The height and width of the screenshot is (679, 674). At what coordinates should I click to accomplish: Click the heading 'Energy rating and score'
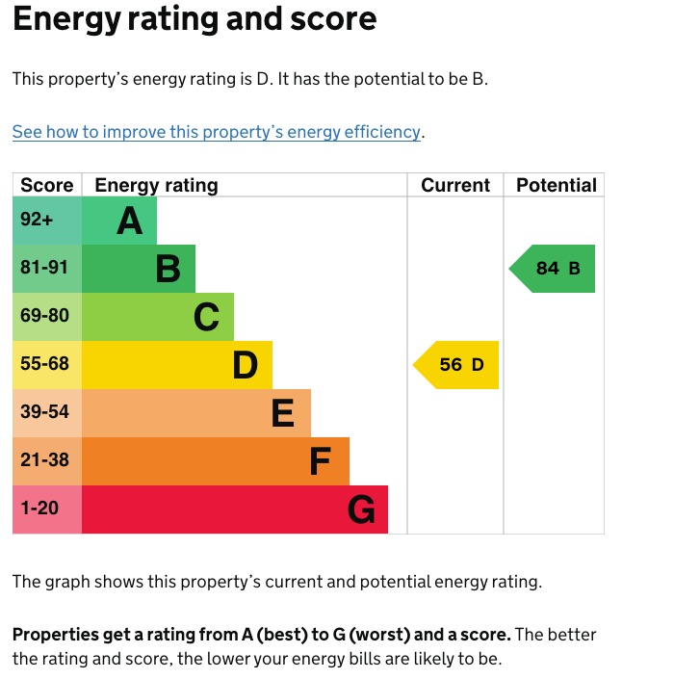click(x=194, y=19)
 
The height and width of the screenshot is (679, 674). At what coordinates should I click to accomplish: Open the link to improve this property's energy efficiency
click(x=217, y=132)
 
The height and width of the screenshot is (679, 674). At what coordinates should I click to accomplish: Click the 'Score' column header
click(x=47, y=185)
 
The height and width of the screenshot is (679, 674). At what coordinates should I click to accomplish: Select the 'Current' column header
click(x=455, y=185)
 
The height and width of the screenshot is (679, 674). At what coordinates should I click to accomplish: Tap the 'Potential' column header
click(x=557, y=185)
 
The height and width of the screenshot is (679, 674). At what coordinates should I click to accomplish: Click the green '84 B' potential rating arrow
click(x=555, y=269)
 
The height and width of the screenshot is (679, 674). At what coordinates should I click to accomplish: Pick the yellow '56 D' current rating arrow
click(x=458, y=365)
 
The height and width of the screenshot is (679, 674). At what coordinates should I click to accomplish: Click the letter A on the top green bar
click(x=130, y=222)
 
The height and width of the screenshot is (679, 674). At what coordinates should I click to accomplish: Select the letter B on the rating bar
click(x=168, y=270)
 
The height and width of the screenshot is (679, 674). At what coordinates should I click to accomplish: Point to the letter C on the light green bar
click(x=206, y=317)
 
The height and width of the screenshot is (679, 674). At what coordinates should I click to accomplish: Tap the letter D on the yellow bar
click(x=246, y=365)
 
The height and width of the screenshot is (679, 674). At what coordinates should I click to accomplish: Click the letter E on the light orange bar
click(x=282, y=413)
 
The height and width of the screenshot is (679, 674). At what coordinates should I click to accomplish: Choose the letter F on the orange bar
click(x=321, y=461)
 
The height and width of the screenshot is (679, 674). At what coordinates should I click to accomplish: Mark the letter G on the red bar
click(x=361, y=509)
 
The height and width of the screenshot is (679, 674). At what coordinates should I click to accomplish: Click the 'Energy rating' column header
click(x=156, y=185)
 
